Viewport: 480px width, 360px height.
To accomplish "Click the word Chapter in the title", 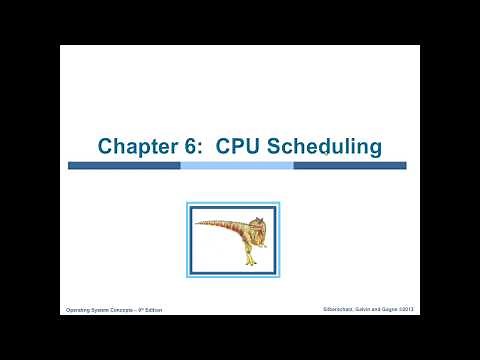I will [135, 147].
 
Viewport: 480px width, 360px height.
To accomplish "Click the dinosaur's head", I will [259, 222].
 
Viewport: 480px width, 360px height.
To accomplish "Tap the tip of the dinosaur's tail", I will [197, 223].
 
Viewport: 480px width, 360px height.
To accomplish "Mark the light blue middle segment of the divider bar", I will [237, 165].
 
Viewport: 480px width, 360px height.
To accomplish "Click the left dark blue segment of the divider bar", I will [124, 165].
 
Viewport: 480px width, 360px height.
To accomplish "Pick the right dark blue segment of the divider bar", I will [349, 165].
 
